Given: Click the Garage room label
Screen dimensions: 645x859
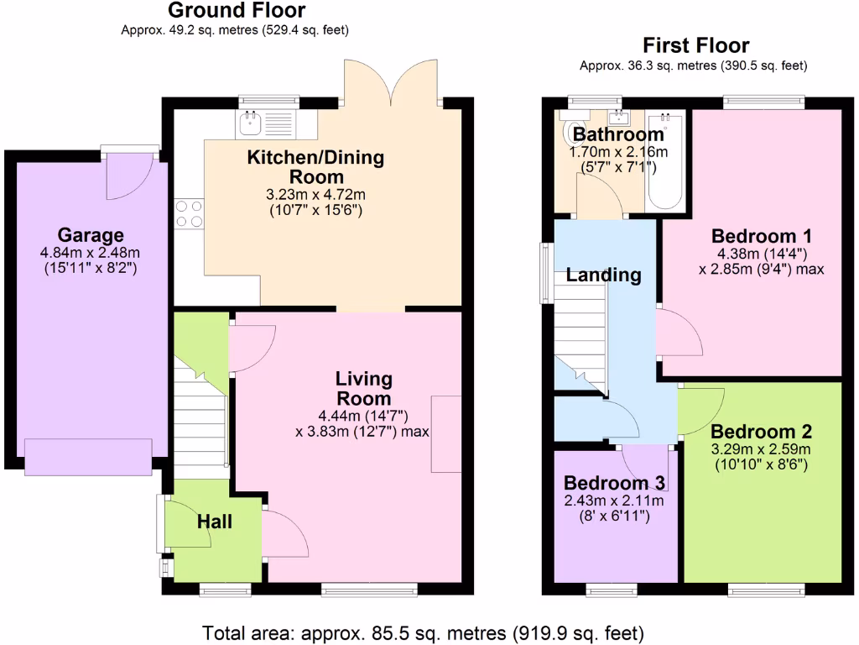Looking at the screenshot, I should coord(90,235).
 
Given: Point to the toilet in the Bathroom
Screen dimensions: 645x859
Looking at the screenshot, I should coord(575,133).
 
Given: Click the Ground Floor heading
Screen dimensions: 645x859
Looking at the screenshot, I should coord(237,11).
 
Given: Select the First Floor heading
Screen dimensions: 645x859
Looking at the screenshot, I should coord(695,45).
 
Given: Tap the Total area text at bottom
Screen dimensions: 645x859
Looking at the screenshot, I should coord(423,631).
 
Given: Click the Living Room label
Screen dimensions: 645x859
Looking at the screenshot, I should coord(364,388).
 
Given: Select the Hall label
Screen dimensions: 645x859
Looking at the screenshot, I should coord(215,522).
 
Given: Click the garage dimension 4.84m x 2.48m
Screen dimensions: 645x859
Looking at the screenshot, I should coord(90,253).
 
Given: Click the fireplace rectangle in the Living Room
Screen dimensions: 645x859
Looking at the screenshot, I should coord(446,434).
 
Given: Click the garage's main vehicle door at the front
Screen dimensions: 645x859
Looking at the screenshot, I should coord(88,454).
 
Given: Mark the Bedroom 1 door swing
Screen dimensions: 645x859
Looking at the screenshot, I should coord(678,333).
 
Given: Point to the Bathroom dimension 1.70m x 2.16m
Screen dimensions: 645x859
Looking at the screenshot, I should coord(618,152).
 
